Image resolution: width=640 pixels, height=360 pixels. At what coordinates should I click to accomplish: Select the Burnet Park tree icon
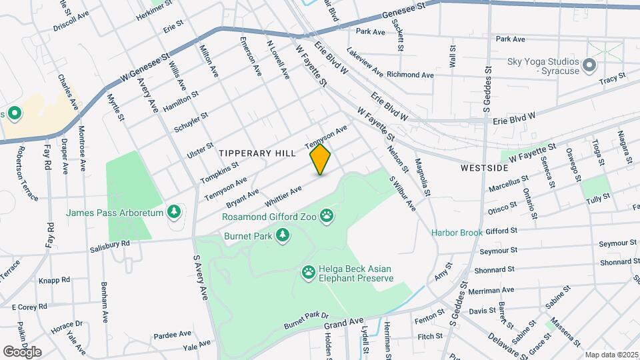284,235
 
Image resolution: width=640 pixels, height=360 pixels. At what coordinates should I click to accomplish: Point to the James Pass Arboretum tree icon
175,212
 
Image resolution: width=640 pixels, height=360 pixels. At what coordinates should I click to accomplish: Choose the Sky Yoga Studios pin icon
589,65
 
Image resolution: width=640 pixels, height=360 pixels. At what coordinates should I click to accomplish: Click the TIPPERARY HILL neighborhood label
257,153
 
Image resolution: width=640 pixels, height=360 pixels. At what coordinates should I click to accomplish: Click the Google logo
22,351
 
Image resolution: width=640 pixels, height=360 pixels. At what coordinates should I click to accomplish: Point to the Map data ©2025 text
611,355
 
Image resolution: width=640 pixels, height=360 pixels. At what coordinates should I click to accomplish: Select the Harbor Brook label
457,233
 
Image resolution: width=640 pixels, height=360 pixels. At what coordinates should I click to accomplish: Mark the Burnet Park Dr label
307,315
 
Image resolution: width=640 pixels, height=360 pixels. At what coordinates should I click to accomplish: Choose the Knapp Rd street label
55,281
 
